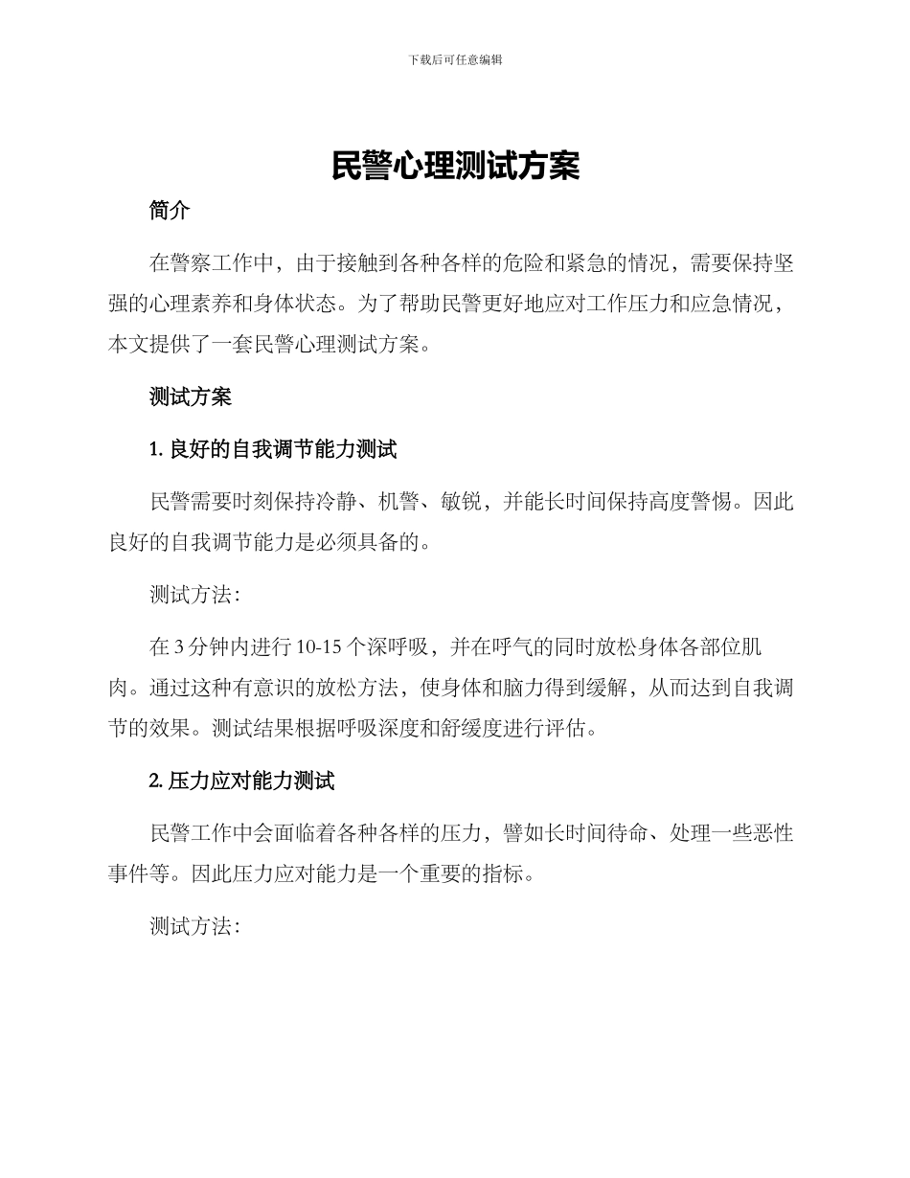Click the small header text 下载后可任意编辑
point(455,59)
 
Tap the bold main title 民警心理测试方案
point(455,166)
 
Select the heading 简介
point(170,212)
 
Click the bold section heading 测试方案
point(191,396)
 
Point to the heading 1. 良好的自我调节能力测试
point(273,449)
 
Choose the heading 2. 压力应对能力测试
point(241,781)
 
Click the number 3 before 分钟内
point(179,647)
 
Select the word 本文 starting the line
point(129,346)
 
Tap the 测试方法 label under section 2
point(191,926)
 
